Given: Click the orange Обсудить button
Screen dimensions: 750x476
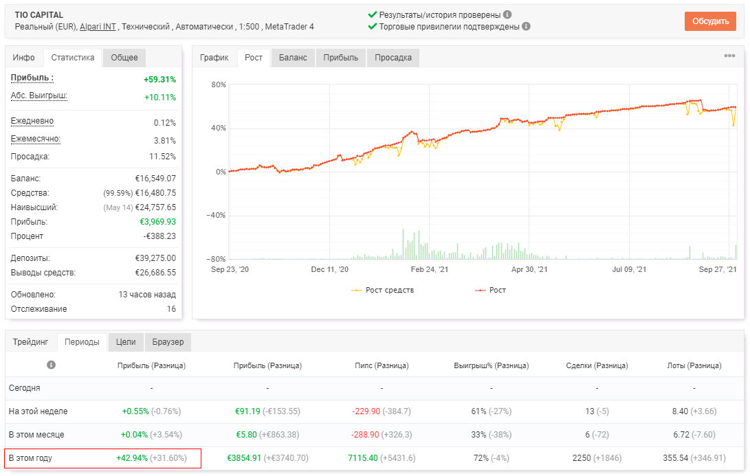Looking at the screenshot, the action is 710,21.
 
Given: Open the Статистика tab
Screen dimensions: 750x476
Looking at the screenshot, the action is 73,58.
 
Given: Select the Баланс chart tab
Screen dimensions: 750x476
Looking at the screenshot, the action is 293,58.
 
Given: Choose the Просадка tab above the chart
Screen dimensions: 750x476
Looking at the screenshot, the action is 393,58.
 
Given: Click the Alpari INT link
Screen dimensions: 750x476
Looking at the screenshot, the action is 98,27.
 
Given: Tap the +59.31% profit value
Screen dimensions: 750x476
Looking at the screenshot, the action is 159,80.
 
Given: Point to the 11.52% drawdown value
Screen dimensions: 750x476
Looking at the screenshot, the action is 163,157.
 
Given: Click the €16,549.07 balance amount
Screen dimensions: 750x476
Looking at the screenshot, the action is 155,179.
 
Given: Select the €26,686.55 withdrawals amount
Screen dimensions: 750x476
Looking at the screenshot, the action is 155,273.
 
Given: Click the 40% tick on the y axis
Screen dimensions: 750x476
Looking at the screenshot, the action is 219,128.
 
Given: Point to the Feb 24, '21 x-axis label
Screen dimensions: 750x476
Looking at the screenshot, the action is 430,269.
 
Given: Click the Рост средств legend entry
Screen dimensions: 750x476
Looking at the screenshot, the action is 383,290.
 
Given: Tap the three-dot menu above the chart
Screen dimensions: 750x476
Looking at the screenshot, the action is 729,56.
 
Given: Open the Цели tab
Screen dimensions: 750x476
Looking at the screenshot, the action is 126,342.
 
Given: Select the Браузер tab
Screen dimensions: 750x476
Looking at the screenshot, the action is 168,342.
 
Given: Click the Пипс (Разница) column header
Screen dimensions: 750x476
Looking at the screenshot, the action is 382,365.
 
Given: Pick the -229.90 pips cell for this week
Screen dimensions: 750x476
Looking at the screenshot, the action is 366,411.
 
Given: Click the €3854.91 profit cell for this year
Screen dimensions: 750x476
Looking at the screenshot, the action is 244,458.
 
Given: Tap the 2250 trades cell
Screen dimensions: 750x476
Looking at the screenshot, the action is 582,458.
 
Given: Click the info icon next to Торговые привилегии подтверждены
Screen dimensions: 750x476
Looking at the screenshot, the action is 526,26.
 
